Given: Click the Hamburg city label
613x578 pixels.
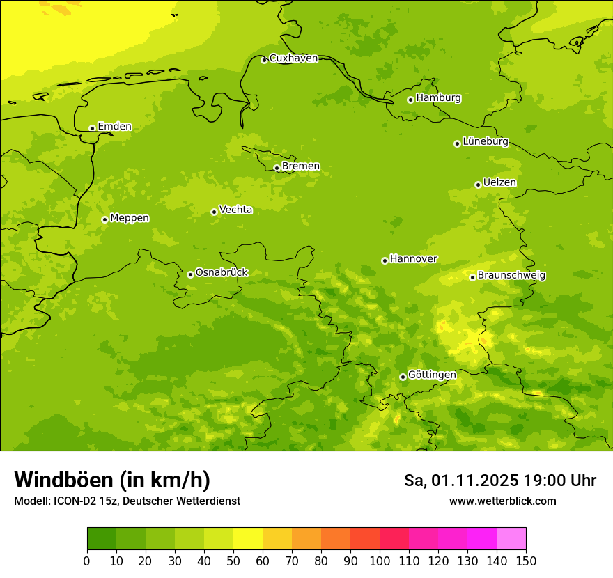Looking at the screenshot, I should coord(438,98).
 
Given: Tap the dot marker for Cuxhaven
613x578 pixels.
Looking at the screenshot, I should coord(264,60).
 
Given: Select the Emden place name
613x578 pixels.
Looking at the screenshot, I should coord(114,127).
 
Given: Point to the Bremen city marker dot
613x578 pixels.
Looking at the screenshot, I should coord(277,168).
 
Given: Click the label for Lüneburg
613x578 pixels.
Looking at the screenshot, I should coord(485,142).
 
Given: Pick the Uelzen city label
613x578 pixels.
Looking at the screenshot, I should coord(499,183).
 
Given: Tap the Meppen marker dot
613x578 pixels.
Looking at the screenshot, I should coord(104,219).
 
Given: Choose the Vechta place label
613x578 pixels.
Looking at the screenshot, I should coord(235,210).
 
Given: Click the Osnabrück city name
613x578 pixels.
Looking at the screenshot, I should coord(222,273).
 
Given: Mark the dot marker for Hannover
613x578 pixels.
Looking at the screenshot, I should coord(385,260).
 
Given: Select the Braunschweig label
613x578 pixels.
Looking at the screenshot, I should coord(511,276).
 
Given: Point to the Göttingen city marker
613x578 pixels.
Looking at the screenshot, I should coord(403,377).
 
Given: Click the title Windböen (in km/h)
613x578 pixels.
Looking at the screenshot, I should coord(111,481).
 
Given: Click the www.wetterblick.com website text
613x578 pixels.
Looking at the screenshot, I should coord(502,501).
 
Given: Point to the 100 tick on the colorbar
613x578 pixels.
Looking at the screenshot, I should coord(380,561).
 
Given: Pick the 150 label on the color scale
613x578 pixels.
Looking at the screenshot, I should coord(526,561).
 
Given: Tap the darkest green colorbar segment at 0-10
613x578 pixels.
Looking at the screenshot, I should coord(102,539).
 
